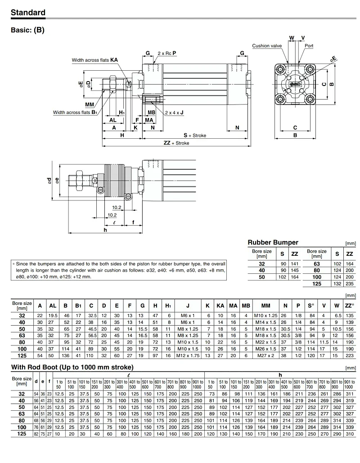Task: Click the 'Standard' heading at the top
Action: tap(28, 13)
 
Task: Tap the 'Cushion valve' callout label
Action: tap(267, 46)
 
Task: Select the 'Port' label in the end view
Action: tap(309, 46)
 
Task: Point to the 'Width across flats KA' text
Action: tap(94, 60)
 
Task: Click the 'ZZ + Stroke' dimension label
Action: tap(176, 143)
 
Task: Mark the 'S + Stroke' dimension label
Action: tap(195, 135)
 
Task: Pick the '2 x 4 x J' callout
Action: tap(174, 113)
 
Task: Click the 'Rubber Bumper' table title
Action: tap(273, 242)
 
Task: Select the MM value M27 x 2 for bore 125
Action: tap(265, 355)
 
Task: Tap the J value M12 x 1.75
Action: tap(188, 355)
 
